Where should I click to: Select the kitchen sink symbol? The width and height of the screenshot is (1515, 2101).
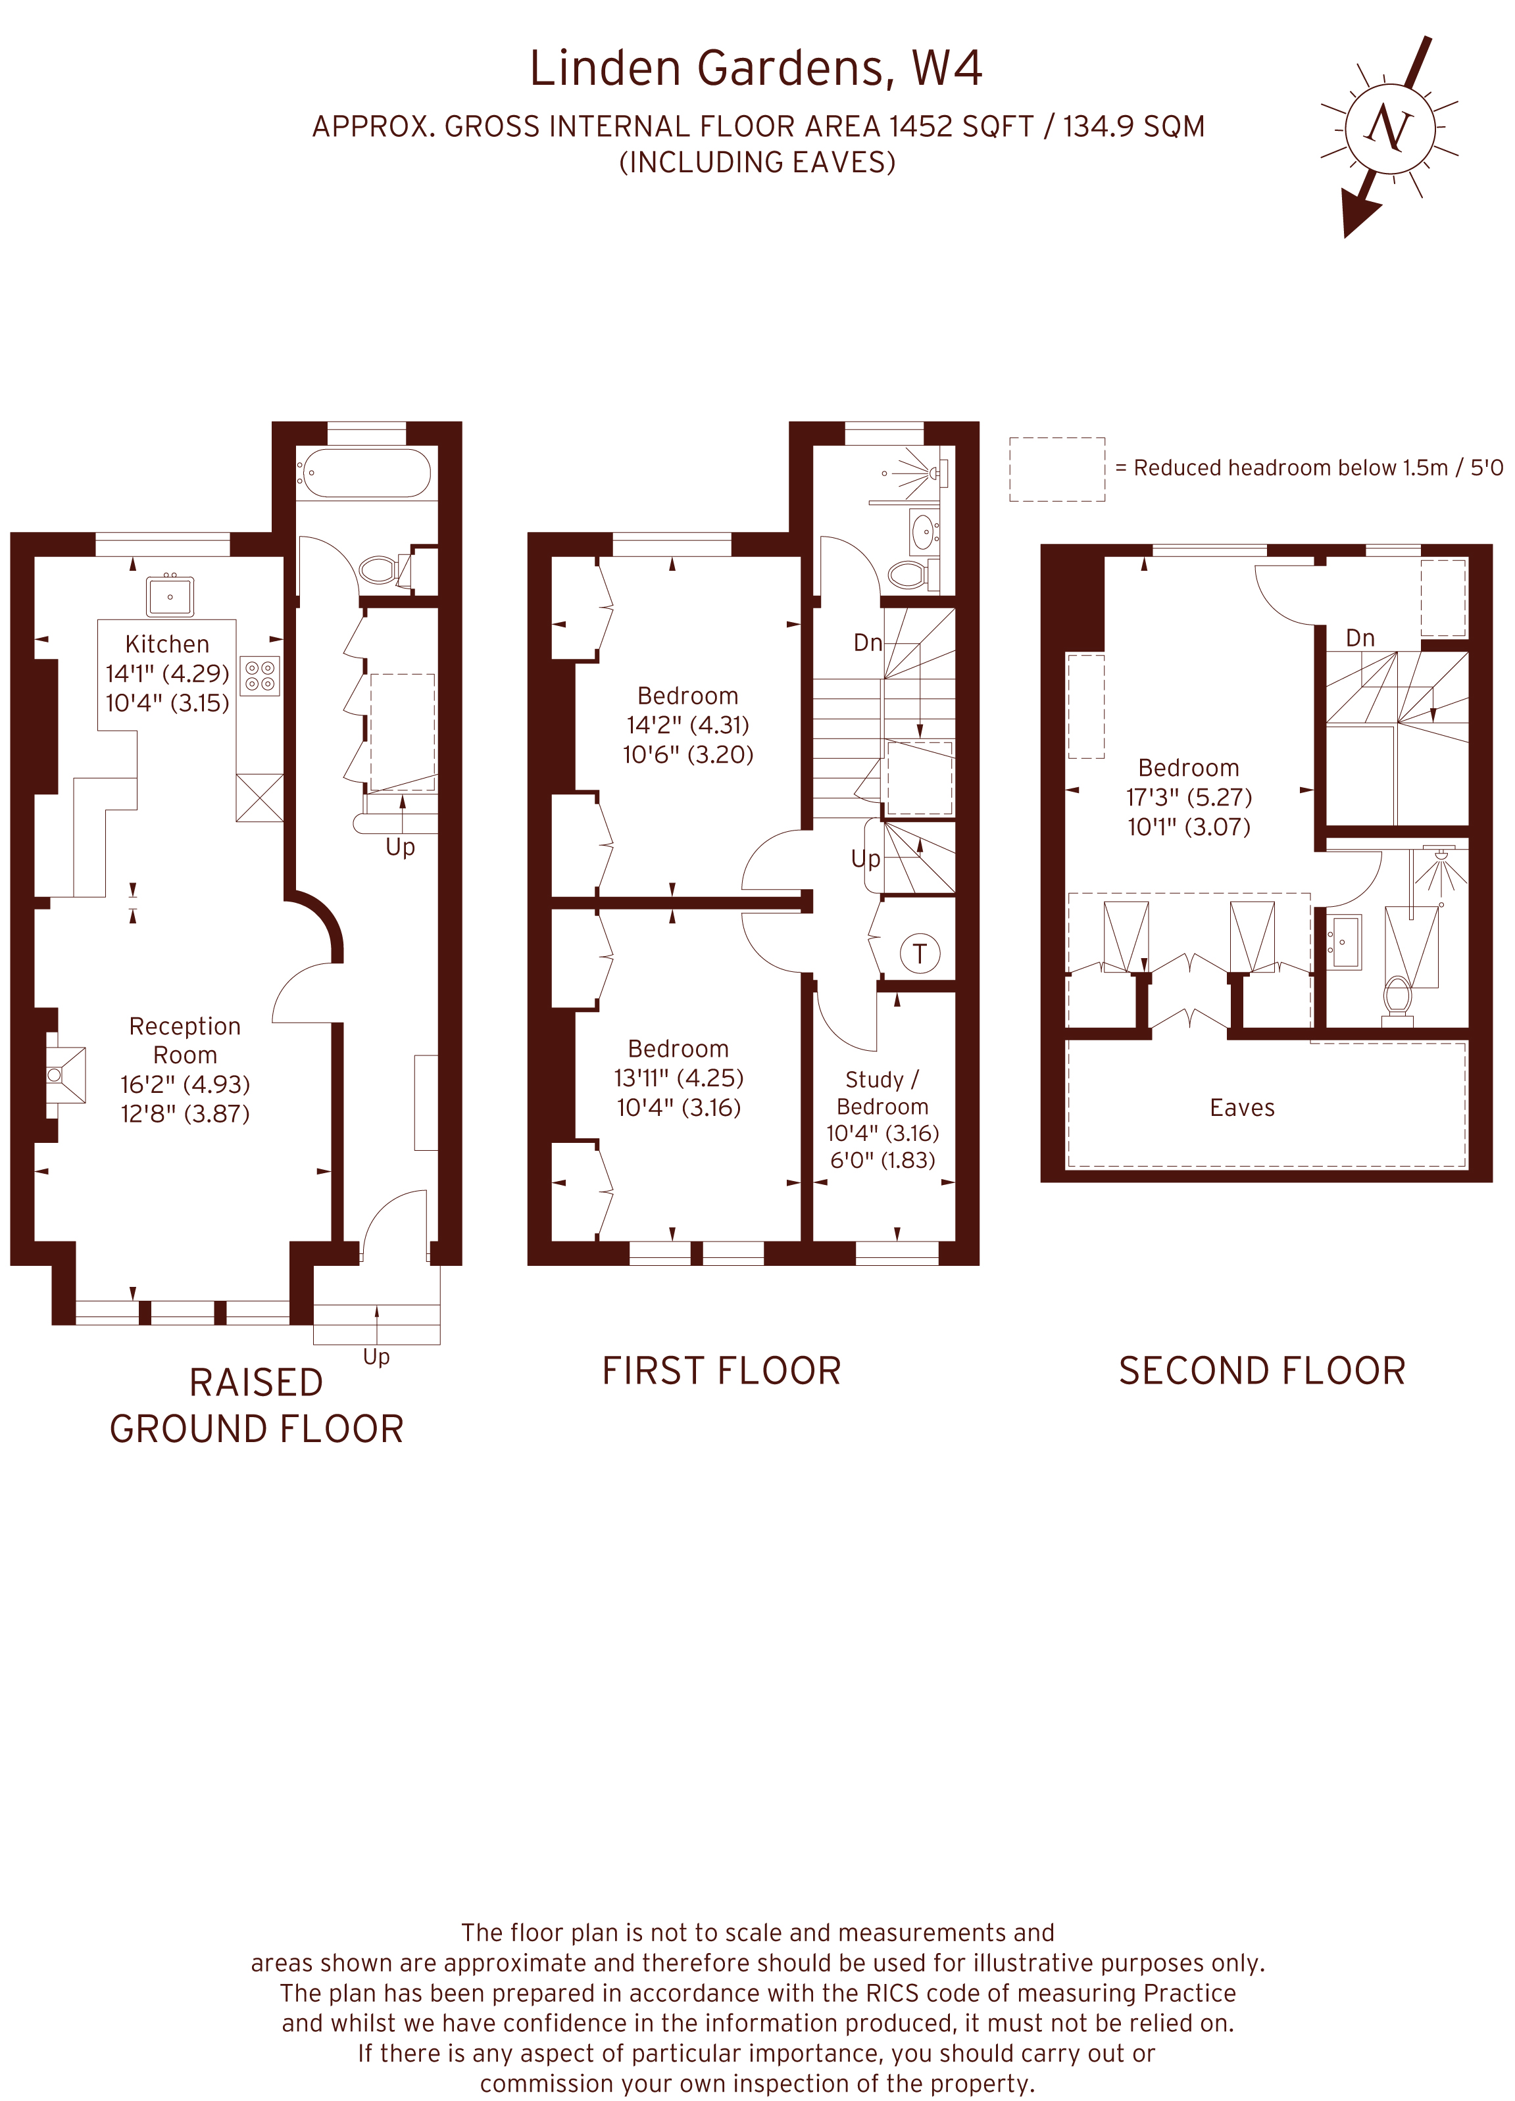tap(170, 596)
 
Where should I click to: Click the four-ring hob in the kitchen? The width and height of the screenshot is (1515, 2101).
tap(259, 676)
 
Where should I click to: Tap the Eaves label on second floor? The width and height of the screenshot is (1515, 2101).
tap(1241, 1108)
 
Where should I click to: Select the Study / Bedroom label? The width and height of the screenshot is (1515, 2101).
tap(882, 1093)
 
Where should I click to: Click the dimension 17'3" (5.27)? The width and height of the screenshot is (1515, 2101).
tap(1189, 797)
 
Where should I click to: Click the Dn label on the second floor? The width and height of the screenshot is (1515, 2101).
tap(1359, 639)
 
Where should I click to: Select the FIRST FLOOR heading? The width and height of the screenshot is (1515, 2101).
tap(721, 1371)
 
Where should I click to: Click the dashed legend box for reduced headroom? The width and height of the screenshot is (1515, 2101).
tap(1056, 470)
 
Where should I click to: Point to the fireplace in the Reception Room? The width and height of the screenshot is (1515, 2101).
tap(65, 1075)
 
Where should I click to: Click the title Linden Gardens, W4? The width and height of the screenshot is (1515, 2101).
tap(755, 68)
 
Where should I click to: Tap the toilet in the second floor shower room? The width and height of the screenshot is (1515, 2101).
tap(1397, 997)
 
